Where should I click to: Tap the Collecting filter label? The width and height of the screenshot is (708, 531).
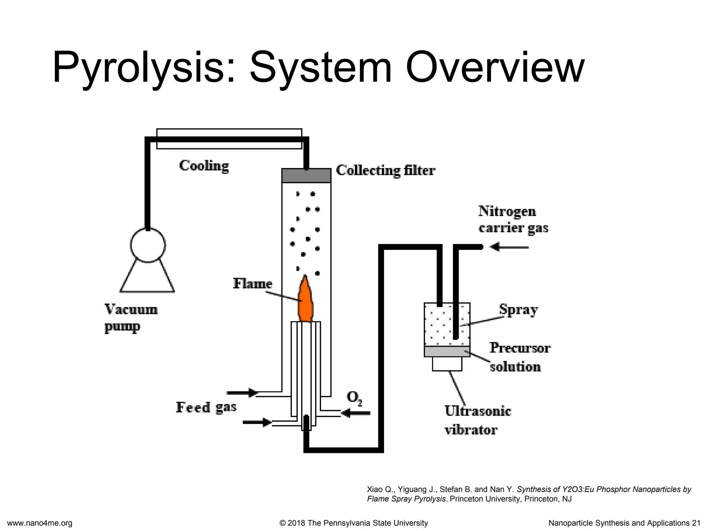(x=385, y=170)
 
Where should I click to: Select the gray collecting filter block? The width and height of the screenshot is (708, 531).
(x=306, y=176)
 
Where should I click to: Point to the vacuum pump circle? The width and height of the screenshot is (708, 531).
(x=148, y=245)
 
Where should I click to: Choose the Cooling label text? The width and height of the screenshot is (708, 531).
(x=204, y=166)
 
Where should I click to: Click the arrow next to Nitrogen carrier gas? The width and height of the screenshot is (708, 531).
(x=509, y=247)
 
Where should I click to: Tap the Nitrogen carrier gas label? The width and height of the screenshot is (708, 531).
(x=513, y=220)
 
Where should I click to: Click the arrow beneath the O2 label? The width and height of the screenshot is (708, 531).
(x=356, y=413)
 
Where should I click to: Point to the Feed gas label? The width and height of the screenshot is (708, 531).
(x=206, y=407)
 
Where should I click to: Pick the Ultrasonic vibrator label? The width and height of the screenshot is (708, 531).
(x=478, y=420)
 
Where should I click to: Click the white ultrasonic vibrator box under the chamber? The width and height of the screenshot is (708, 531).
(x=447, y=364)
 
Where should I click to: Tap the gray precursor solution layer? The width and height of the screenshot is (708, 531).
(x=447, y=351)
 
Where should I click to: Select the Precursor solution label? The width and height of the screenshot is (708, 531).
(x=520, y=357)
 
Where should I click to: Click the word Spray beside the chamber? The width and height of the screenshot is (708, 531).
(x=518, y=310)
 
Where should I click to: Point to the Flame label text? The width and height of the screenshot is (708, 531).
(x=253, y=284)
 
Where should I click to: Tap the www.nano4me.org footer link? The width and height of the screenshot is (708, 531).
(x=39, y=523)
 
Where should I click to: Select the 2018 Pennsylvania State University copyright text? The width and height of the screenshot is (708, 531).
(x=354, y=523)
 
